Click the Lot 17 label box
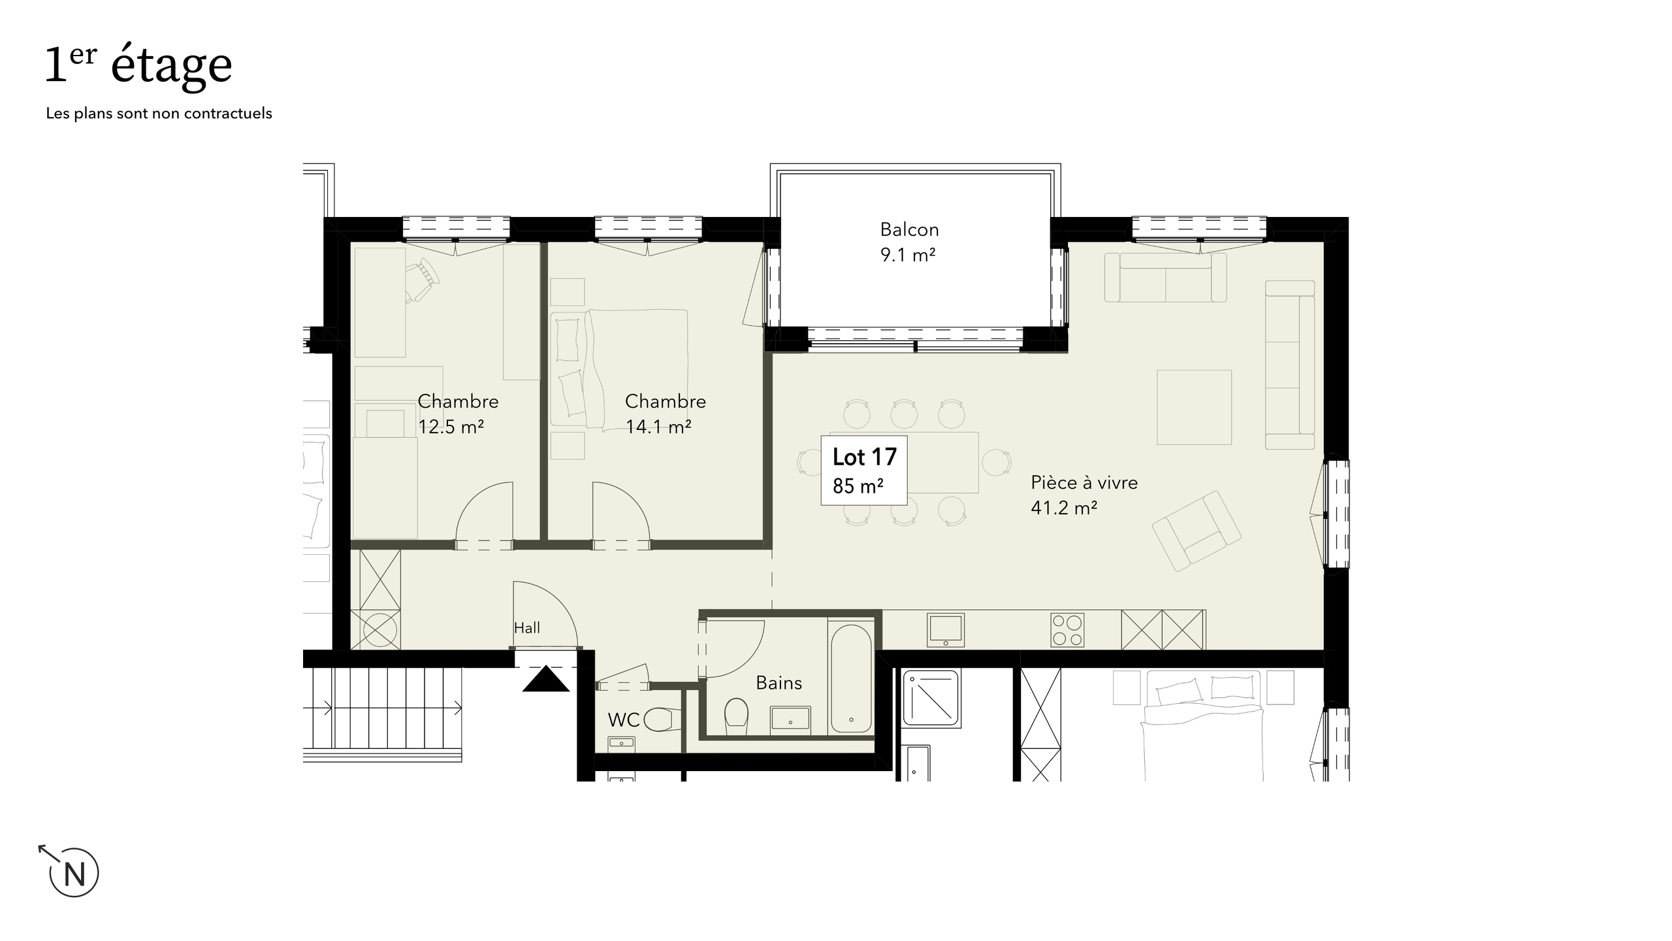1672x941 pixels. click(x=863, y=470)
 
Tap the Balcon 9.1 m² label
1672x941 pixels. click(x=908, y=242)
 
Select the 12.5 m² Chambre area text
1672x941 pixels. click(x=451, y=427)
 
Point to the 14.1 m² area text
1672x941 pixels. click(x=658, y=427)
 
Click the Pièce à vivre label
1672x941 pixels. click(x=1084, y=483)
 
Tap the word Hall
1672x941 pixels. click(x=526, y=628)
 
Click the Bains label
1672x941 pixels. click(x=779, y=683)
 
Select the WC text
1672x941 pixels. click(x=623, y=720)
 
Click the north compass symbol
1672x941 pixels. click(x=73, y=872)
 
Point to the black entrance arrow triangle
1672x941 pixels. click(x=546, y=679)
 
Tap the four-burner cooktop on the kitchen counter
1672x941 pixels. click(x=1068, y=630)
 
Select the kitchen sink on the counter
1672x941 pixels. click(x=945, y=630)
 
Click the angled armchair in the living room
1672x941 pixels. click(x=1197, y=531)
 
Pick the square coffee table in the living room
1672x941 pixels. click(x=1194, y=407)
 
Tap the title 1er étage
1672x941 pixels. click(x=138, y=65)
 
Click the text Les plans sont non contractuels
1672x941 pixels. click(x=159, y=114)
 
